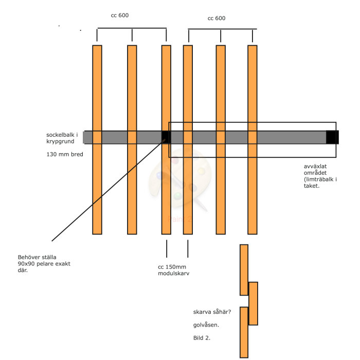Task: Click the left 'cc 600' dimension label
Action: (120, 15)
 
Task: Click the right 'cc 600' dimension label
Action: (217, 19)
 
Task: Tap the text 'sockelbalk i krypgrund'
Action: (62, 138)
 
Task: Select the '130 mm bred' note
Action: (65, 154)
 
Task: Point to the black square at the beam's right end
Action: (332, 137)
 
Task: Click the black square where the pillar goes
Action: (166, 137)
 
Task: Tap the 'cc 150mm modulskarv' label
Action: (174, 270)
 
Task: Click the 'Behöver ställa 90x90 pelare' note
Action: (44, 263)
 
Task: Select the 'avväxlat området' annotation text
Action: (320, 176)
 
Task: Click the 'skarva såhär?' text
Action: (212, 312)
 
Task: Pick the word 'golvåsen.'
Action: (206, 325)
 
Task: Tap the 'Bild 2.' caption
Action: (202, 338)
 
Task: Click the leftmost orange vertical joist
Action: (97, 139)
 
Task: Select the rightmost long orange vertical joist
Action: (253, 139)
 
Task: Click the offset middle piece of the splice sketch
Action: (253, 303)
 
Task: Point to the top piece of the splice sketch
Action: (244, 270)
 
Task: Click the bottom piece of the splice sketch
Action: (244, 332)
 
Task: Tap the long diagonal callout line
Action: (108, 190)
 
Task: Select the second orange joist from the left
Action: (132, 139)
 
